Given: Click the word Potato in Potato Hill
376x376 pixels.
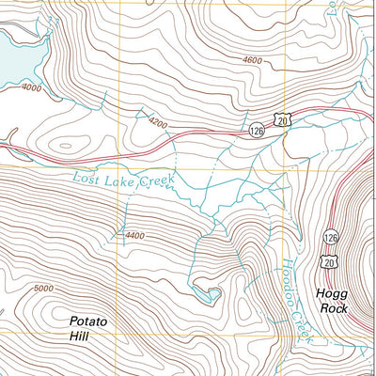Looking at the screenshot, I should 88,321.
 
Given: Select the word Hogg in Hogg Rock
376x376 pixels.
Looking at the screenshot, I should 333,292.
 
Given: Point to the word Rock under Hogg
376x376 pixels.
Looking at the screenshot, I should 333,307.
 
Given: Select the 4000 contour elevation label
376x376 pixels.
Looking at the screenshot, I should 31,89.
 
